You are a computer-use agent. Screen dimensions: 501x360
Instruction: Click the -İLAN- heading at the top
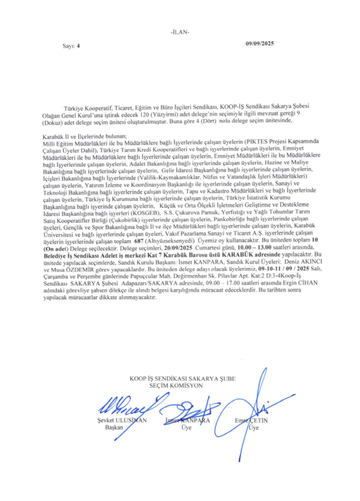(180, 32)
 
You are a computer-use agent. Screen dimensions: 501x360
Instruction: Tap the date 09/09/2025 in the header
(260, 44)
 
